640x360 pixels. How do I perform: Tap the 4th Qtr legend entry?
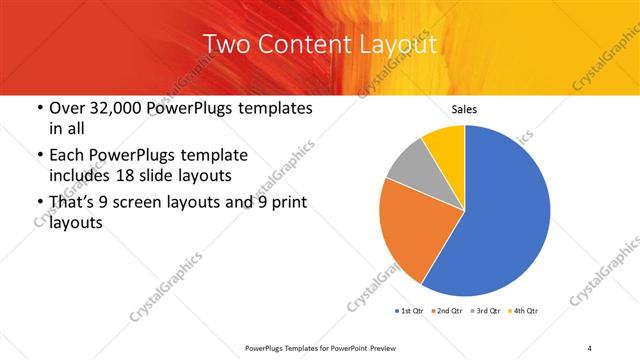point(524,311)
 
